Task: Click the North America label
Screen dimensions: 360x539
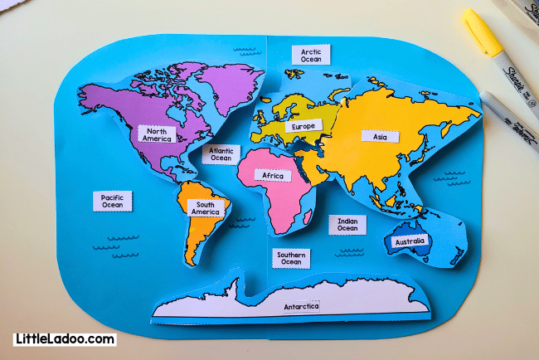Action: point(157,134)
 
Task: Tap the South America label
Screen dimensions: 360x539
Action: point(206,208)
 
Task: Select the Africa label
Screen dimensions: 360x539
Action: point(273,176)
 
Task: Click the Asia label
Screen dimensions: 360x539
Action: point(380,136)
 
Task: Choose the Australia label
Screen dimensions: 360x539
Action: point(410,241)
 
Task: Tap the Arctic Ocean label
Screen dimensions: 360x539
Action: point(311,55)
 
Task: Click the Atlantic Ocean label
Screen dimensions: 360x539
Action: point(221,154)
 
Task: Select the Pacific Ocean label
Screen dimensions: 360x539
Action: point(113,201)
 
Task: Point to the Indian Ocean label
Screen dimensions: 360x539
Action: point(347,225)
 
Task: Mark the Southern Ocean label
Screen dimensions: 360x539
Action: point(291,258)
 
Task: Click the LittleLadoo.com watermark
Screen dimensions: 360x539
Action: point(65,339)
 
